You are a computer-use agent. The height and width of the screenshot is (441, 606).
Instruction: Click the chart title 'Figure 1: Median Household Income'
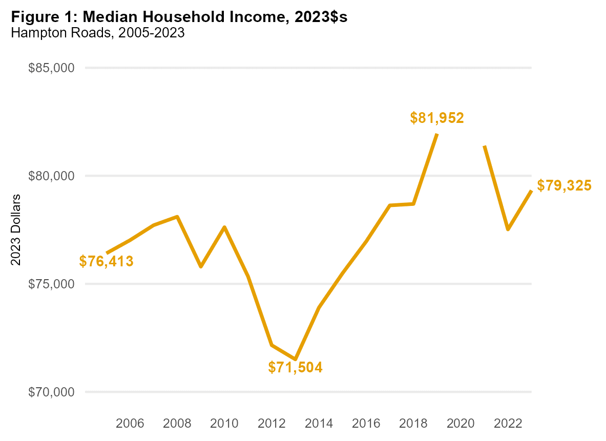coord(179,17)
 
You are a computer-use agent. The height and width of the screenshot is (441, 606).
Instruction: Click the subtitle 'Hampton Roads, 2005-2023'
coord(97,33)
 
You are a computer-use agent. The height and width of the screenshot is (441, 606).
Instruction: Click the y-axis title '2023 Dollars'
coord(16,229)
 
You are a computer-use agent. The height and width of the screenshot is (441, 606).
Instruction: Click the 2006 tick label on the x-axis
coord(130,424)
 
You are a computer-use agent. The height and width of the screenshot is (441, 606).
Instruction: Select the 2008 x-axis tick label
coord(177,424)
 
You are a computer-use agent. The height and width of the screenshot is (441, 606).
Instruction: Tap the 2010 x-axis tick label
coord(224,424)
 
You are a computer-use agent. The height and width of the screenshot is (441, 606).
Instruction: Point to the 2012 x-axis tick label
coord(271,424)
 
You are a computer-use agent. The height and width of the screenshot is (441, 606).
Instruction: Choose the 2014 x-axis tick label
coord(319,424)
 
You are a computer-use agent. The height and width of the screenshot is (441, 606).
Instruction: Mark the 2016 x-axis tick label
coord(366,424)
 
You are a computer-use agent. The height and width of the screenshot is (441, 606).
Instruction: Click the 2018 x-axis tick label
coord(413,424)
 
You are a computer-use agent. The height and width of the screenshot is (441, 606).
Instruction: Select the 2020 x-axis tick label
coord(461,424)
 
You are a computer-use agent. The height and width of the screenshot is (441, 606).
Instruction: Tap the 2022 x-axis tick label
coord(508,424)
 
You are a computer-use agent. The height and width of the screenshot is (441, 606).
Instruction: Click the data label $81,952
coord(437,118)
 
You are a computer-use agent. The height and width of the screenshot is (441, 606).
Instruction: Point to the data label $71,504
coord(296,367)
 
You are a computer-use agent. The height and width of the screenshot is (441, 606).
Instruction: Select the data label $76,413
coord(107,262)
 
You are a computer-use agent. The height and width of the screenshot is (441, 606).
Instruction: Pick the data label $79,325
coord(564,185)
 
